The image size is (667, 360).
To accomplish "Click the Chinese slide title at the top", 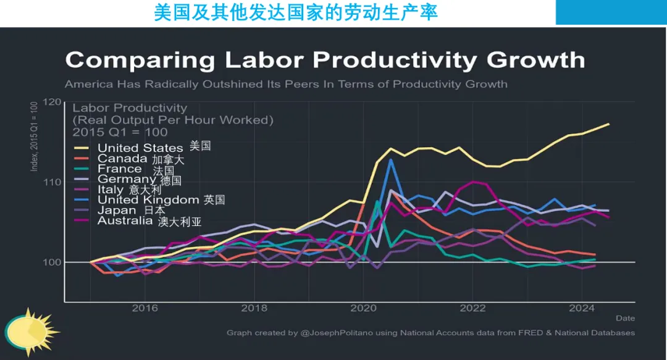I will tap(296, 12).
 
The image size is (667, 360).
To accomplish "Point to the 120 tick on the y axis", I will tap(53, 103).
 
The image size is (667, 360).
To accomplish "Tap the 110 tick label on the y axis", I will tap(53, 182).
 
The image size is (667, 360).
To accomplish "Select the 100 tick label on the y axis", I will tap(53, 262).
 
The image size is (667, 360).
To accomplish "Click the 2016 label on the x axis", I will tap(145, 308).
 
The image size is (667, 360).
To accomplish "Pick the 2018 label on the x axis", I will tap(254, 308).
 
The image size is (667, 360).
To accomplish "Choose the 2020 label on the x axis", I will tap(364, 308).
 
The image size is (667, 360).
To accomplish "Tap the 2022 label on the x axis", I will tap(473, 308).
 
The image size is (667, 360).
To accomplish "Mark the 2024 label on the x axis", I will tap(582, 308).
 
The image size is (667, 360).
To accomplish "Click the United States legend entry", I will tap(140, 148).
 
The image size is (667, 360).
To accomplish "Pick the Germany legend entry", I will tap(127, 180).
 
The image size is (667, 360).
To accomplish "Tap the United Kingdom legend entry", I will tap(149, 200).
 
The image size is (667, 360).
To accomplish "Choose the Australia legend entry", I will tap(125, 220).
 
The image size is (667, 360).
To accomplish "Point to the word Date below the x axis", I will tap(625, 318).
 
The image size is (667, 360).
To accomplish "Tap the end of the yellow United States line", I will tap(609, 124).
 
